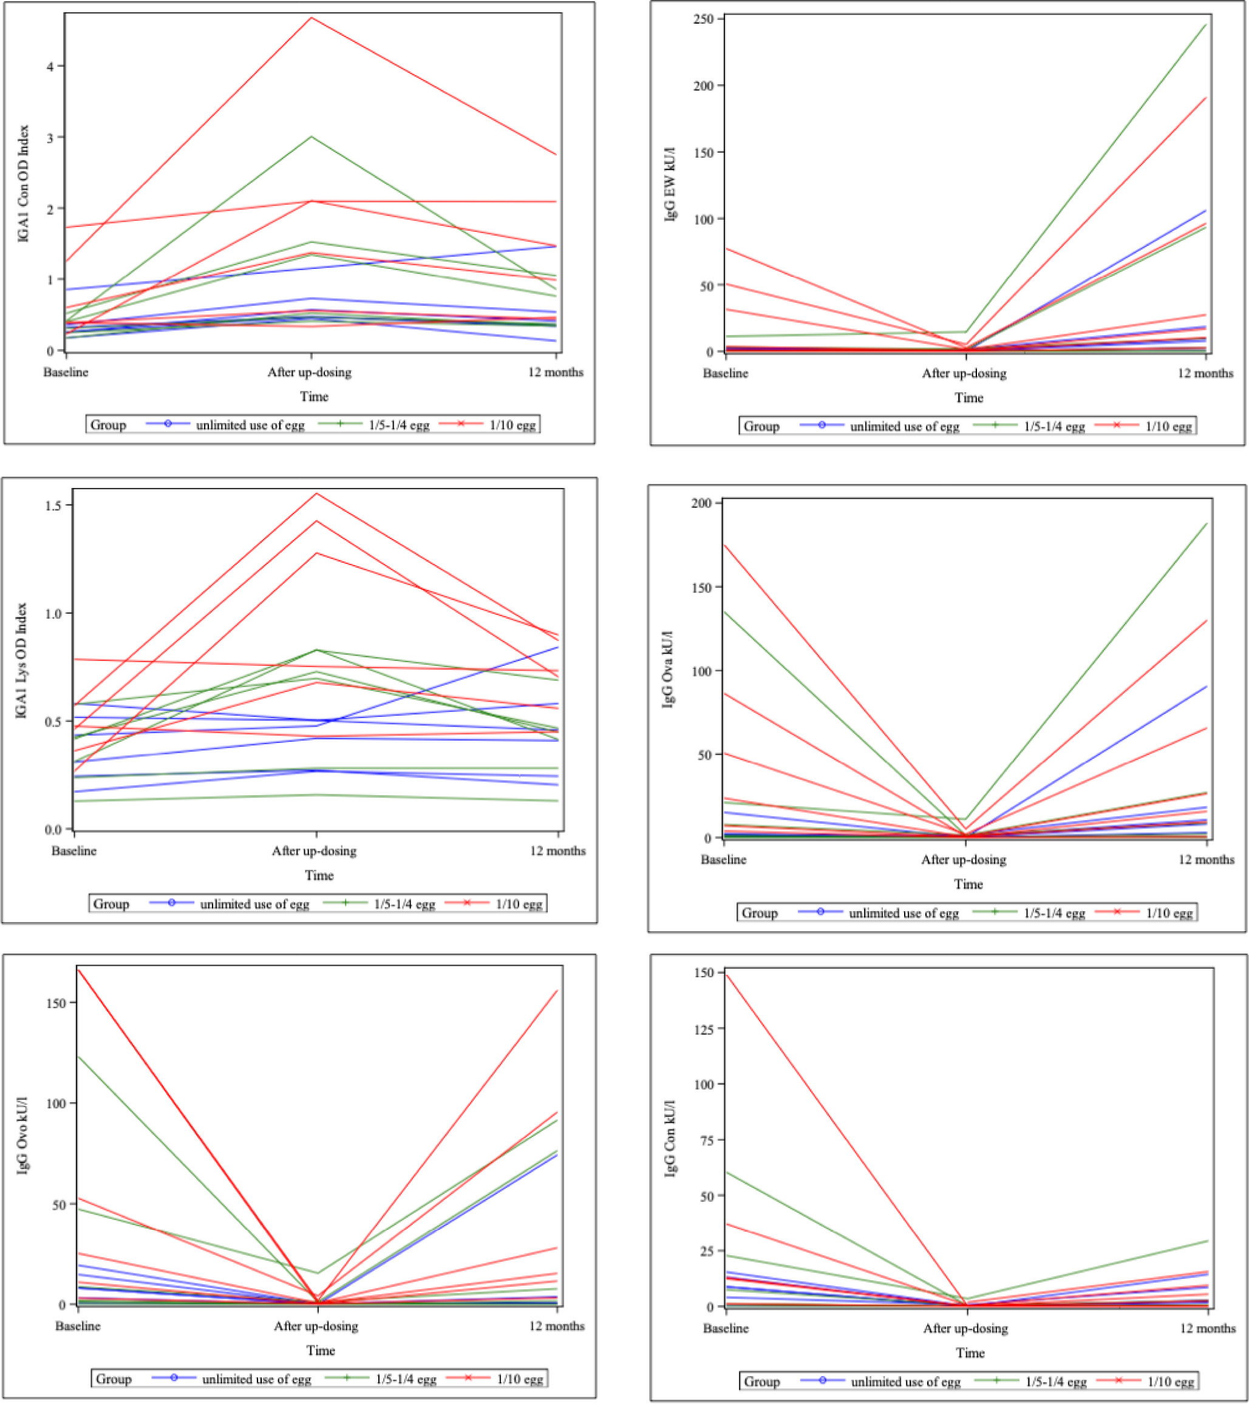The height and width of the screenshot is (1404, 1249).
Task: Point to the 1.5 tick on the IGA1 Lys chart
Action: coord(53,506)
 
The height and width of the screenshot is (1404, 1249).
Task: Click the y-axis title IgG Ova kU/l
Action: coord(668,669)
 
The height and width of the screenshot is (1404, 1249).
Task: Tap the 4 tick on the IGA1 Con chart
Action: coord(52,66)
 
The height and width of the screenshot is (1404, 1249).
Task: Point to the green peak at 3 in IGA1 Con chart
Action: coord(311,137)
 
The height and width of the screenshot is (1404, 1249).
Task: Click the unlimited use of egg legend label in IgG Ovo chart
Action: coord(256,1379)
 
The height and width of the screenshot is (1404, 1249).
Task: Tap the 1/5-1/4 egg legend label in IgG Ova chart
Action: coord(1055,913)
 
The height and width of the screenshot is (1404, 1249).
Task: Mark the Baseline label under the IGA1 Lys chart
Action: coord(74,851)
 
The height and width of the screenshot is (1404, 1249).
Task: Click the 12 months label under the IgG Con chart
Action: coord(1207,1329)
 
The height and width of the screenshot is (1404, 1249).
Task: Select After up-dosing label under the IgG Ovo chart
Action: coord(316,1326)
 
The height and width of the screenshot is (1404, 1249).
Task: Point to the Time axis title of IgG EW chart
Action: coord(968,398)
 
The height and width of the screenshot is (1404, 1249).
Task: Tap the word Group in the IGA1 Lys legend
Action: coord(111,904)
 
